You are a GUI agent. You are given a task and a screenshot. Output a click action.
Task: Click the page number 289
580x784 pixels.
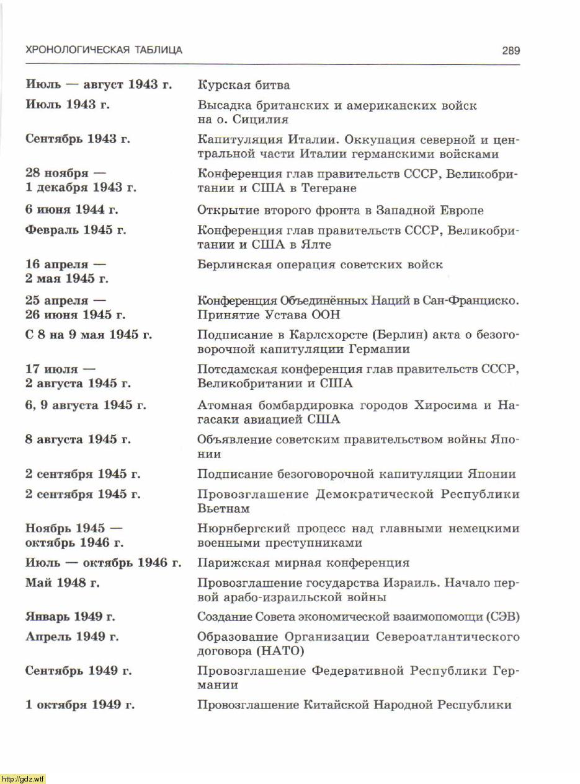511,51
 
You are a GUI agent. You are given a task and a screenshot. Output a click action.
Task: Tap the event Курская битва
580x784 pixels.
244,85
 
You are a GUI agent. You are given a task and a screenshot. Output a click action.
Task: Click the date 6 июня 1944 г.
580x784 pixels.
72,210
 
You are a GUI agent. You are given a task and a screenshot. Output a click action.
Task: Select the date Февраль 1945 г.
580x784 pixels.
76,231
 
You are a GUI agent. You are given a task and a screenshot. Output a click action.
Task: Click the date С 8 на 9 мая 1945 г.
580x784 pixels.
89,335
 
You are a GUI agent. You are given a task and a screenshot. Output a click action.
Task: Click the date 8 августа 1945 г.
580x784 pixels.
78,439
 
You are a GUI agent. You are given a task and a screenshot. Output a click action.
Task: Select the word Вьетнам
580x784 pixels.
223,509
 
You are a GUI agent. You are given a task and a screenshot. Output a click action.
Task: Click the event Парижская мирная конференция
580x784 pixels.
303,563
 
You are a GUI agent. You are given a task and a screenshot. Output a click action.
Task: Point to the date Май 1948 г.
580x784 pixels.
62,583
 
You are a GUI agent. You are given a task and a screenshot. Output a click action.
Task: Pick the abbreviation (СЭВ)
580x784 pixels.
499,617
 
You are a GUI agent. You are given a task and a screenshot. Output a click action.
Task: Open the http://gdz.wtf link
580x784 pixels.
23,778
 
